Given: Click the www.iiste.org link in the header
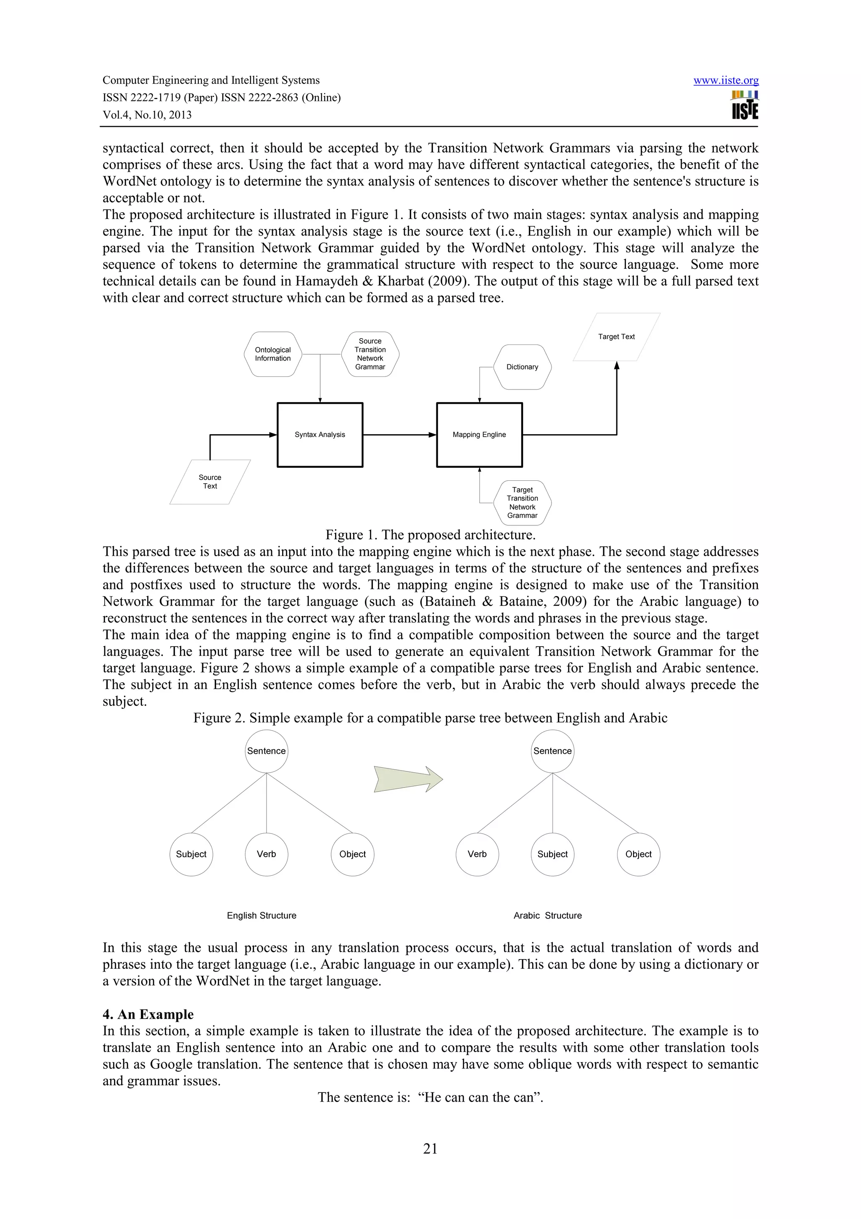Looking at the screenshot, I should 725,80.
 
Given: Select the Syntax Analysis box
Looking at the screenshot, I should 320,435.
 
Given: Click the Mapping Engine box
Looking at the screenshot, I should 479,435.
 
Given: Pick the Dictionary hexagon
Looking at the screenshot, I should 522,367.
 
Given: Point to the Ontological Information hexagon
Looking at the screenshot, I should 273,354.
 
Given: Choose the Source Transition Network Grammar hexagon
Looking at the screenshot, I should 370,354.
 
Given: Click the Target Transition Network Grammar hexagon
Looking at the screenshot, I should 522,502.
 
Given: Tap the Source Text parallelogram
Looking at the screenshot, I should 210,482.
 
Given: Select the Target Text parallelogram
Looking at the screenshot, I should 616,337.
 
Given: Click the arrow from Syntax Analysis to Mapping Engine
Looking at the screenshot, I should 399,435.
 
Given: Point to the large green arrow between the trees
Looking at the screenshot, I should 407,779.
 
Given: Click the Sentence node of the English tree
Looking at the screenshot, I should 266,751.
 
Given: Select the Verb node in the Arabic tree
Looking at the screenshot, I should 477,854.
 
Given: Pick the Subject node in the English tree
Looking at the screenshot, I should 191,854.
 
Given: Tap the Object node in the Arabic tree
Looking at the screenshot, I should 638,854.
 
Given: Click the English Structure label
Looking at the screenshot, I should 261,915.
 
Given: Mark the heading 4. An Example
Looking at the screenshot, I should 148,1014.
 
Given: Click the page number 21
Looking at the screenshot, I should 430,1148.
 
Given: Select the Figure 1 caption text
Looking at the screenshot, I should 430,535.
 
